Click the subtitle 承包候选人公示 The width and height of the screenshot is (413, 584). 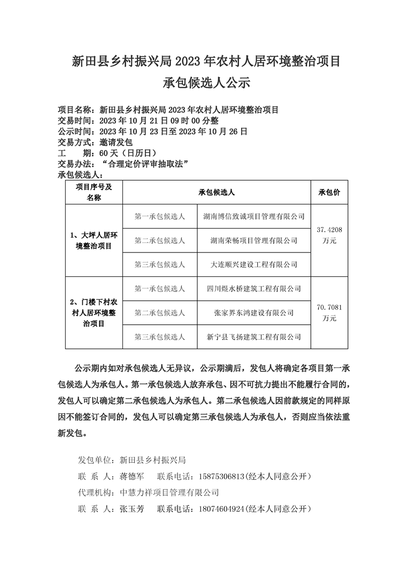click(207, 83)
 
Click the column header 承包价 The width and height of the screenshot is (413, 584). click(329, 193)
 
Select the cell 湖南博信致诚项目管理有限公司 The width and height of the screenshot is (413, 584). click(254, 216)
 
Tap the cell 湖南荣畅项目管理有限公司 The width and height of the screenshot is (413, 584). click(254, 240)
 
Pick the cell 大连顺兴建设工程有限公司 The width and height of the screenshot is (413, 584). click(254, 264)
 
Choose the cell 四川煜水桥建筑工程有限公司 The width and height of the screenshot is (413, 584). click(254, 288)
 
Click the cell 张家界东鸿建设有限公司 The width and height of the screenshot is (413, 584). click(254, 313)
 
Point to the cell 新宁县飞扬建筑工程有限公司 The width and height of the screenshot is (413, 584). click(254, 337)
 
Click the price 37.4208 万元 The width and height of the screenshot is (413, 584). click(329, 235)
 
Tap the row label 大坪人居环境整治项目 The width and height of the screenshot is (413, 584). click(94, 240)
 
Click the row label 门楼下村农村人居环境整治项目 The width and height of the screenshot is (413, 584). click(94, 312)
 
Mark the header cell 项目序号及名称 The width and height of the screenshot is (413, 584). click(94, 193)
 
